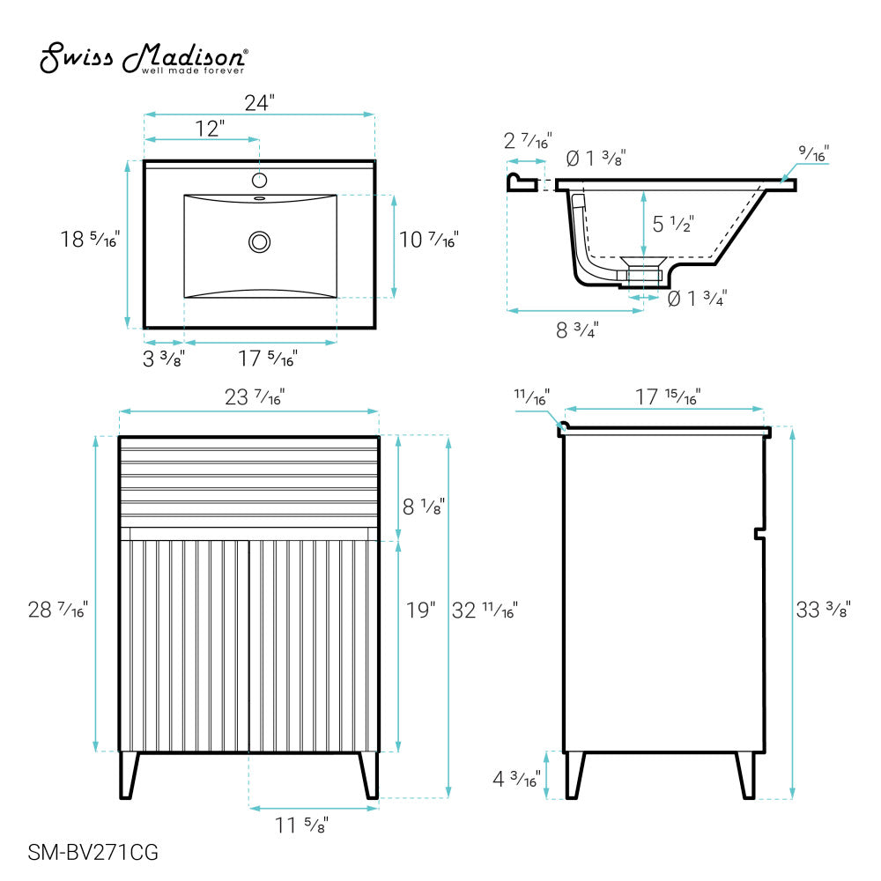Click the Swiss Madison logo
(144, 58)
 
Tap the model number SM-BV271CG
(93, 852)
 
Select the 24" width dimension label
(260, 103)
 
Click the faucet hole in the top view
(259, 181)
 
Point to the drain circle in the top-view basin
(260, 242)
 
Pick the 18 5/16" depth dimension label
(90, 240)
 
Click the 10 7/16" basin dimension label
(429, 240)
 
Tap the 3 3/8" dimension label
(164, 359)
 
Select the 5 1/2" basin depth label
(673, 224)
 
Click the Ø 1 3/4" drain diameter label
(697, 298)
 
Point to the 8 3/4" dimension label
(577, 329)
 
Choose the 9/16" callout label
(813, 152)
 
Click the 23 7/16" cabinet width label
(255, 397)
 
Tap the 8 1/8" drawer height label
(424, 507)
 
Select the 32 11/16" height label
(485, 611)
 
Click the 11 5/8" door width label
(301, 825)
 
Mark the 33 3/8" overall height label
(824, 610)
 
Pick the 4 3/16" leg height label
(516, 779)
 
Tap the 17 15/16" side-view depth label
(668, 397)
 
